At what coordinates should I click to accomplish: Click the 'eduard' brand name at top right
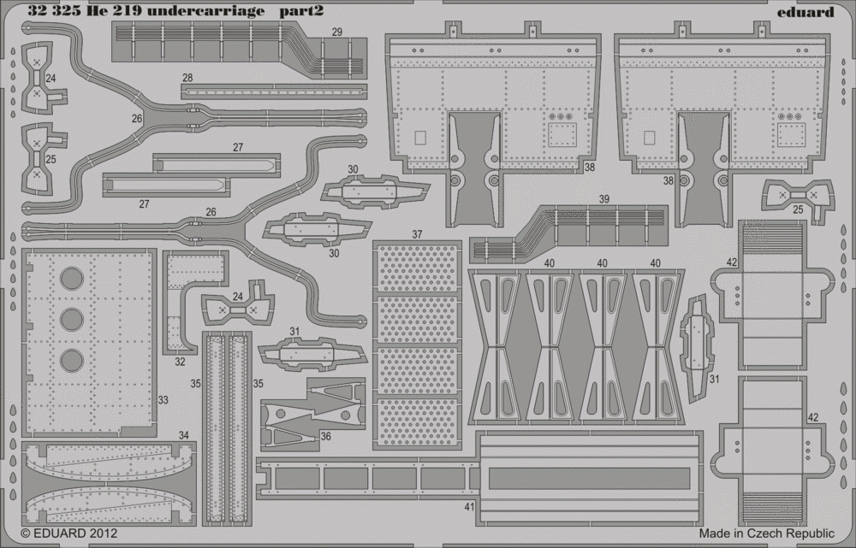805,11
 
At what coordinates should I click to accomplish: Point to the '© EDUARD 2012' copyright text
68,533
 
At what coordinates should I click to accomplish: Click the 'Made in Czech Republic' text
766,533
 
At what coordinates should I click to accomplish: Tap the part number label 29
336,32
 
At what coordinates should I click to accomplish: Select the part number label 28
187,77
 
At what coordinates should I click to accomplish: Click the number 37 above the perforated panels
417,234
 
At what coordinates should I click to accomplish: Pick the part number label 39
603,199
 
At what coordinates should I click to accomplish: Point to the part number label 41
469,507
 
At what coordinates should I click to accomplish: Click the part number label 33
163,400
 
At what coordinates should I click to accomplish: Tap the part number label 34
183,435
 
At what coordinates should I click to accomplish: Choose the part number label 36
325,437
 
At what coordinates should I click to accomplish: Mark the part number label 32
180,362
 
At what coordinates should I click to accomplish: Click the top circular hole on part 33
72,279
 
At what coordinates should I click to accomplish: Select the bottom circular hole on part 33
72,361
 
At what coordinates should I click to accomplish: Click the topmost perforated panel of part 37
417,268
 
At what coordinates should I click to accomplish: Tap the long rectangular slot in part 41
589,478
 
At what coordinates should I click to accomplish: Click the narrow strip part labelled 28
274,91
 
